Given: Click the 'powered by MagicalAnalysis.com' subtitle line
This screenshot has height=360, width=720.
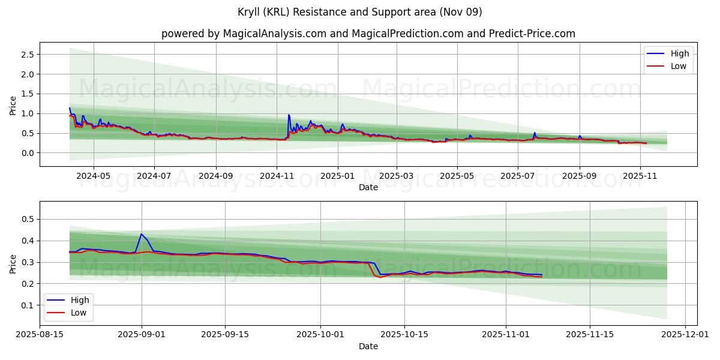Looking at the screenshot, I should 368,34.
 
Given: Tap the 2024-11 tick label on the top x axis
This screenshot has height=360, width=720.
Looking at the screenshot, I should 277,176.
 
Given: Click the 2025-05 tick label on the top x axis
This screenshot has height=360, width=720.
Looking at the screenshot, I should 457,176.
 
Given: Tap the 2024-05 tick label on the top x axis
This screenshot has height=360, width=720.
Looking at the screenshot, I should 94,176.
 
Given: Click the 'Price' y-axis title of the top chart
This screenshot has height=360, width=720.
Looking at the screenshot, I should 13,105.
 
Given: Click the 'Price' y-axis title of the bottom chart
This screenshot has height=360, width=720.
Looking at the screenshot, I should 13,263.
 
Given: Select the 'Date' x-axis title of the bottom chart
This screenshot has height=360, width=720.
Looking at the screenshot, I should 368,346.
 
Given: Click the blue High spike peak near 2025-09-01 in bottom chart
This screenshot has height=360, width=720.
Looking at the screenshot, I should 142,234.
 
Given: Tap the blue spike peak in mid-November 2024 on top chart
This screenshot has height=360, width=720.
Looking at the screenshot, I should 289,115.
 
